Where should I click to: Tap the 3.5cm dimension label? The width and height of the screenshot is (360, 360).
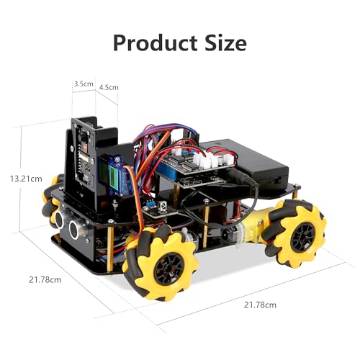click(84, 84)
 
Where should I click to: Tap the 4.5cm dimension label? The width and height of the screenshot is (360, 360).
click(108, 88)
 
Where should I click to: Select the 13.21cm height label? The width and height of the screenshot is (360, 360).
click(26, 177)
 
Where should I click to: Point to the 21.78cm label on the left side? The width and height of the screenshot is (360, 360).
click(44, 279)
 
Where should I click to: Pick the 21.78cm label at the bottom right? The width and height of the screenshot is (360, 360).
click(259, 305)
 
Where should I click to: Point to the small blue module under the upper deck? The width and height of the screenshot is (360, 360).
click(161, 207)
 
